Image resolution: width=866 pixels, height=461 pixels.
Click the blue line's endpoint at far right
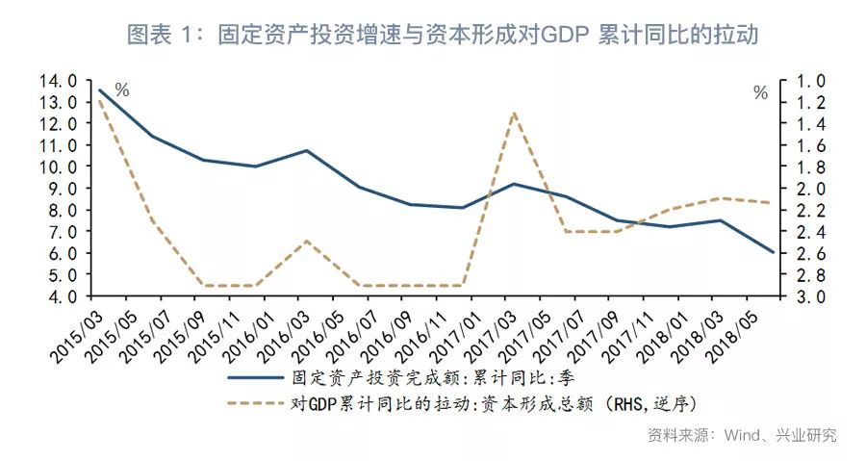773,252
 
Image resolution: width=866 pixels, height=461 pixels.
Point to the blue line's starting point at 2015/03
100,90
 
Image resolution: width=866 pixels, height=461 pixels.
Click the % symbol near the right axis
760,93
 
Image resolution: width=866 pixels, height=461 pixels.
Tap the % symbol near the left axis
122,90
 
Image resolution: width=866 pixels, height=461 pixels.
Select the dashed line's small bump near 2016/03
305,241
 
